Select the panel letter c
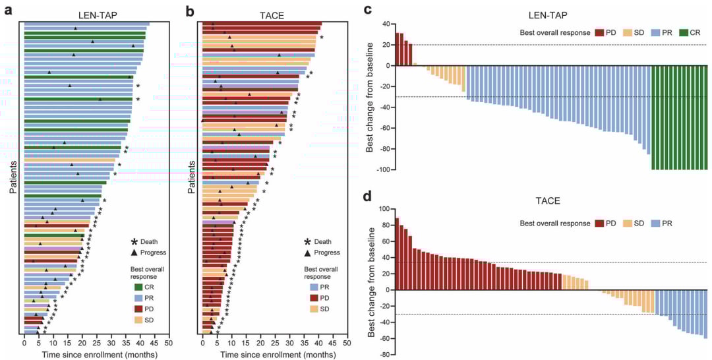[368, 9]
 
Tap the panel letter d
[368, 196]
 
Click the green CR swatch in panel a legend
[139, 287]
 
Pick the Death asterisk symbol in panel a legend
[135, 241]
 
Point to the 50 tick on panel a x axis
[169, 344]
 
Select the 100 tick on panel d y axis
[384, 209]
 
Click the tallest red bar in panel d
[397, 254]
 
